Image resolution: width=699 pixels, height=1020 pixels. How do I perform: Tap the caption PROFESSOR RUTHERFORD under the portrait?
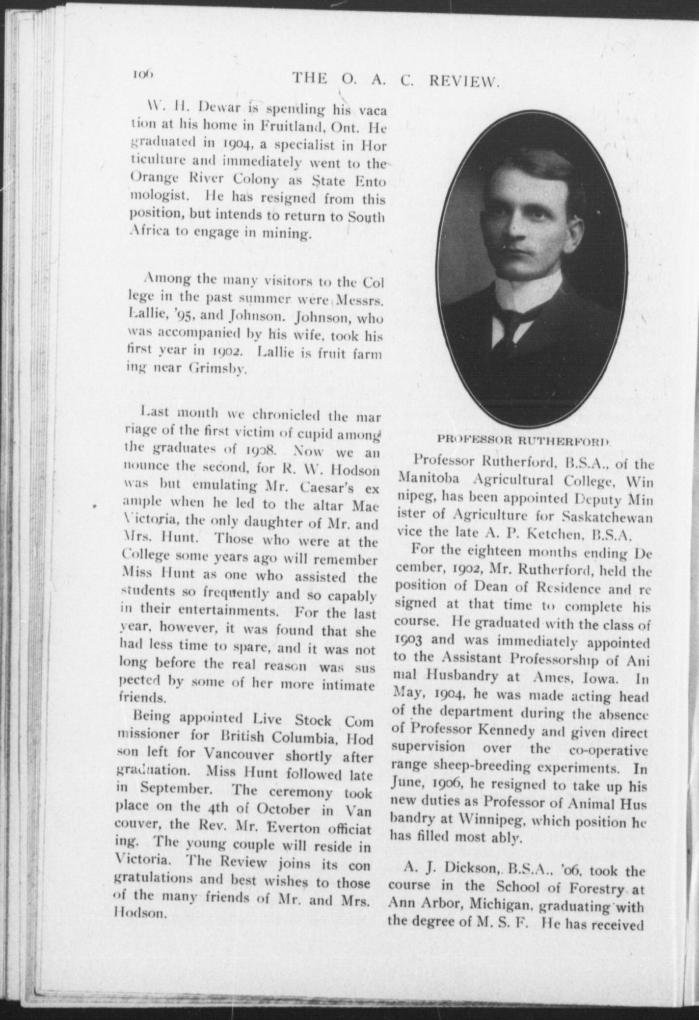click(523, 440)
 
